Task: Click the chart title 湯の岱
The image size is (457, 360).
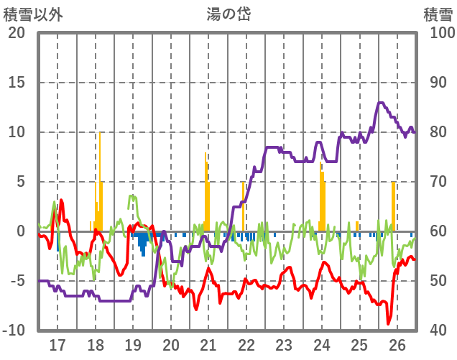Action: (x=228, y=13)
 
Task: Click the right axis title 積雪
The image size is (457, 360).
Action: (x=438, y=13)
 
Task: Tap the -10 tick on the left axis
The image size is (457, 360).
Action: (x=14, y=331)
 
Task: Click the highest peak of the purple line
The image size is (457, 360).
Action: (x=380, y=103)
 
